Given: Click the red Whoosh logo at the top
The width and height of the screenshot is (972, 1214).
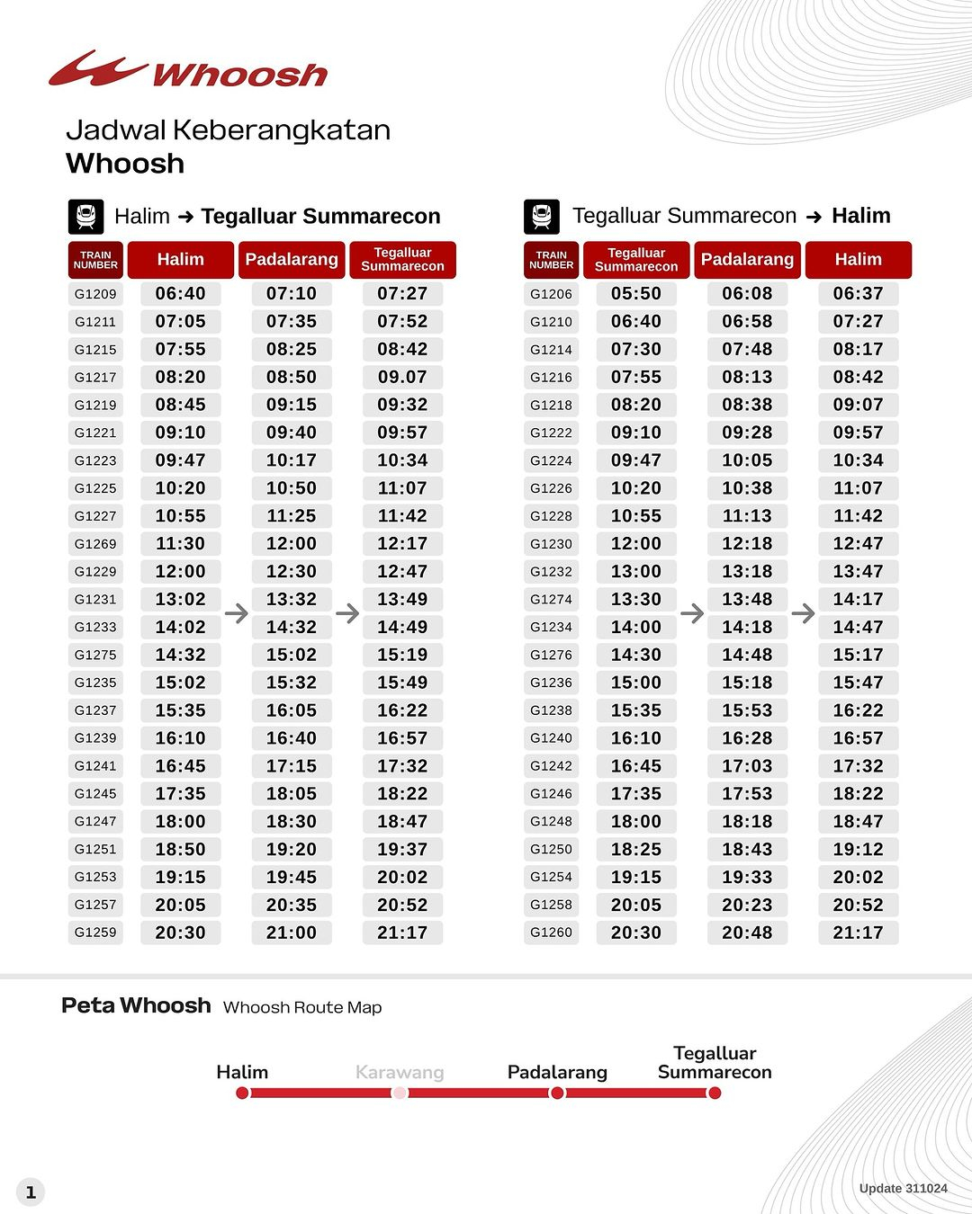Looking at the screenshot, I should click(x=187, y=70).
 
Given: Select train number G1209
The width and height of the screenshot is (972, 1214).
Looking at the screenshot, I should click(x=95, y=294).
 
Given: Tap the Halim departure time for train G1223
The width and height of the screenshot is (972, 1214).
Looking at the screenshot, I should click(x=180, y=460).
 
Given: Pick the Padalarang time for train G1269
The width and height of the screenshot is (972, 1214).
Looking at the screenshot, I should click(x=291, y=544).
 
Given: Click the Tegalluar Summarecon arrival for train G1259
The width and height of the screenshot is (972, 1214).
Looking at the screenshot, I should click(x=402, y=933).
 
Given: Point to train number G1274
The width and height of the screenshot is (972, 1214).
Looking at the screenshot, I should click(x=551, y=600).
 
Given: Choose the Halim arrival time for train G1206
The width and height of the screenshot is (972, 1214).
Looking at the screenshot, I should click(x=858, y=294).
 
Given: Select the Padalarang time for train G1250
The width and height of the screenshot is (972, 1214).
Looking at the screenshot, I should click(x=747, y=850).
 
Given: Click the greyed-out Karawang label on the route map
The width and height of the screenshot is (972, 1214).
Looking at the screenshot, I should click(x=400, y=1072).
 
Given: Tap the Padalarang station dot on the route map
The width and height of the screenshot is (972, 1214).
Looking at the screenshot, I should click(x=557, y=1093).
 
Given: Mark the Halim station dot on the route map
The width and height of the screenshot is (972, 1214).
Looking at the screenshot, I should click(x=242, y=1093).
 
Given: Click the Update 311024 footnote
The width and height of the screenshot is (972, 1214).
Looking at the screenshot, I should click(x=903, y=1189).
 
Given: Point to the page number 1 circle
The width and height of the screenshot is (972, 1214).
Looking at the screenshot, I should click(x=31, y=1192).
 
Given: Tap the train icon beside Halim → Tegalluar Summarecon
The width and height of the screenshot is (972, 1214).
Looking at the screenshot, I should click(x=86, y=217).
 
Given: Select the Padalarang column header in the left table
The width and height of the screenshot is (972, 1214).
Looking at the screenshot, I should click(x=291, y=260).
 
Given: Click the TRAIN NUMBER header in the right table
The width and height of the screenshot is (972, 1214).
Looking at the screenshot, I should click(x=551, y=260).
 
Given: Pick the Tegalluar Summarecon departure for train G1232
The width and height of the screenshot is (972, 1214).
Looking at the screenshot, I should click(x=636, y=572).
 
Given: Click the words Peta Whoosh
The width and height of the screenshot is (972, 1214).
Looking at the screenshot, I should click(x=136, y=1005).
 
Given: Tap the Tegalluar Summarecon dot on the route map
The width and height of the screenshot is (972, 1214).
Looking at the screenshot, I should click(x=715, y=1093).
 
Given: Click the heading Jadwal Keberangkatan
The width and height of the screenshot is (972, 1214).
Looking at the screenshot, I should click(x=229, y=130).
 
